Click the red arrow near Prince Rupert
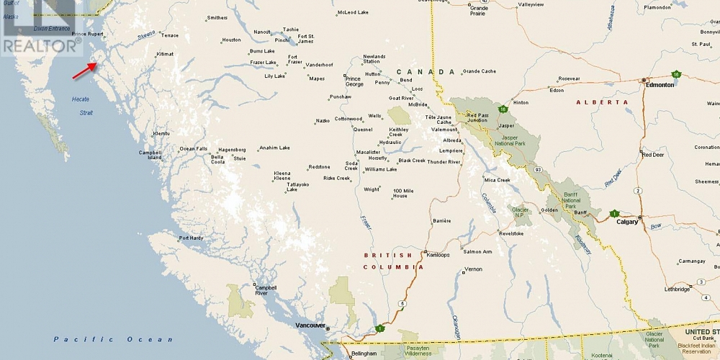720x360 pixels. (x=84, y=69)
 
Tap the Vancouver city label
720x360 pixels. (x=310, y=325)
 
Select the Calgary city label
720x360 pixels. (x=628, y=222)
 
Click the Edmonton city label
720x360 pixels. (x=660, y=85)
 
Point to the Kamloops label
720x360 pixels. (x=438, y=255)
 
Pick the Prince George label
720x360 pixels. (x=354, y=81)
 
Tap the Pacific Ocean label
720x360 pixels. (x=114, y=339)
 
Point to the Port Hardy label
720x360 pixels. (x=192, y=238)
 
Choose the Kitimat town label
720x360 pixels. (x=165, y=54)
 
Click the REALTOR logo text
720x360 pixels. (x=39, y=46)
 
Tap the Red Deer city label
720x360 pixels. (x=653, y=155)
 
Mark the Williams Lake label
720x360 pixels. (x=380, y=169)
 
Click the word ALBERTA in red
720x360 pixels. (x=602, y=102)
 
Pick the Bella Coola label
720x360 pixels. (x=217, y=160)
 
